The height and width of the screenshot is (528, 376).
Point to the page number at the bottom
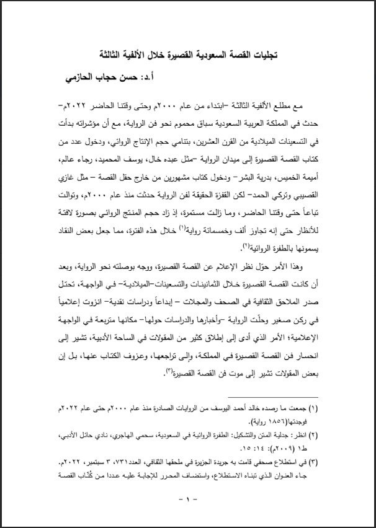188,499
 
